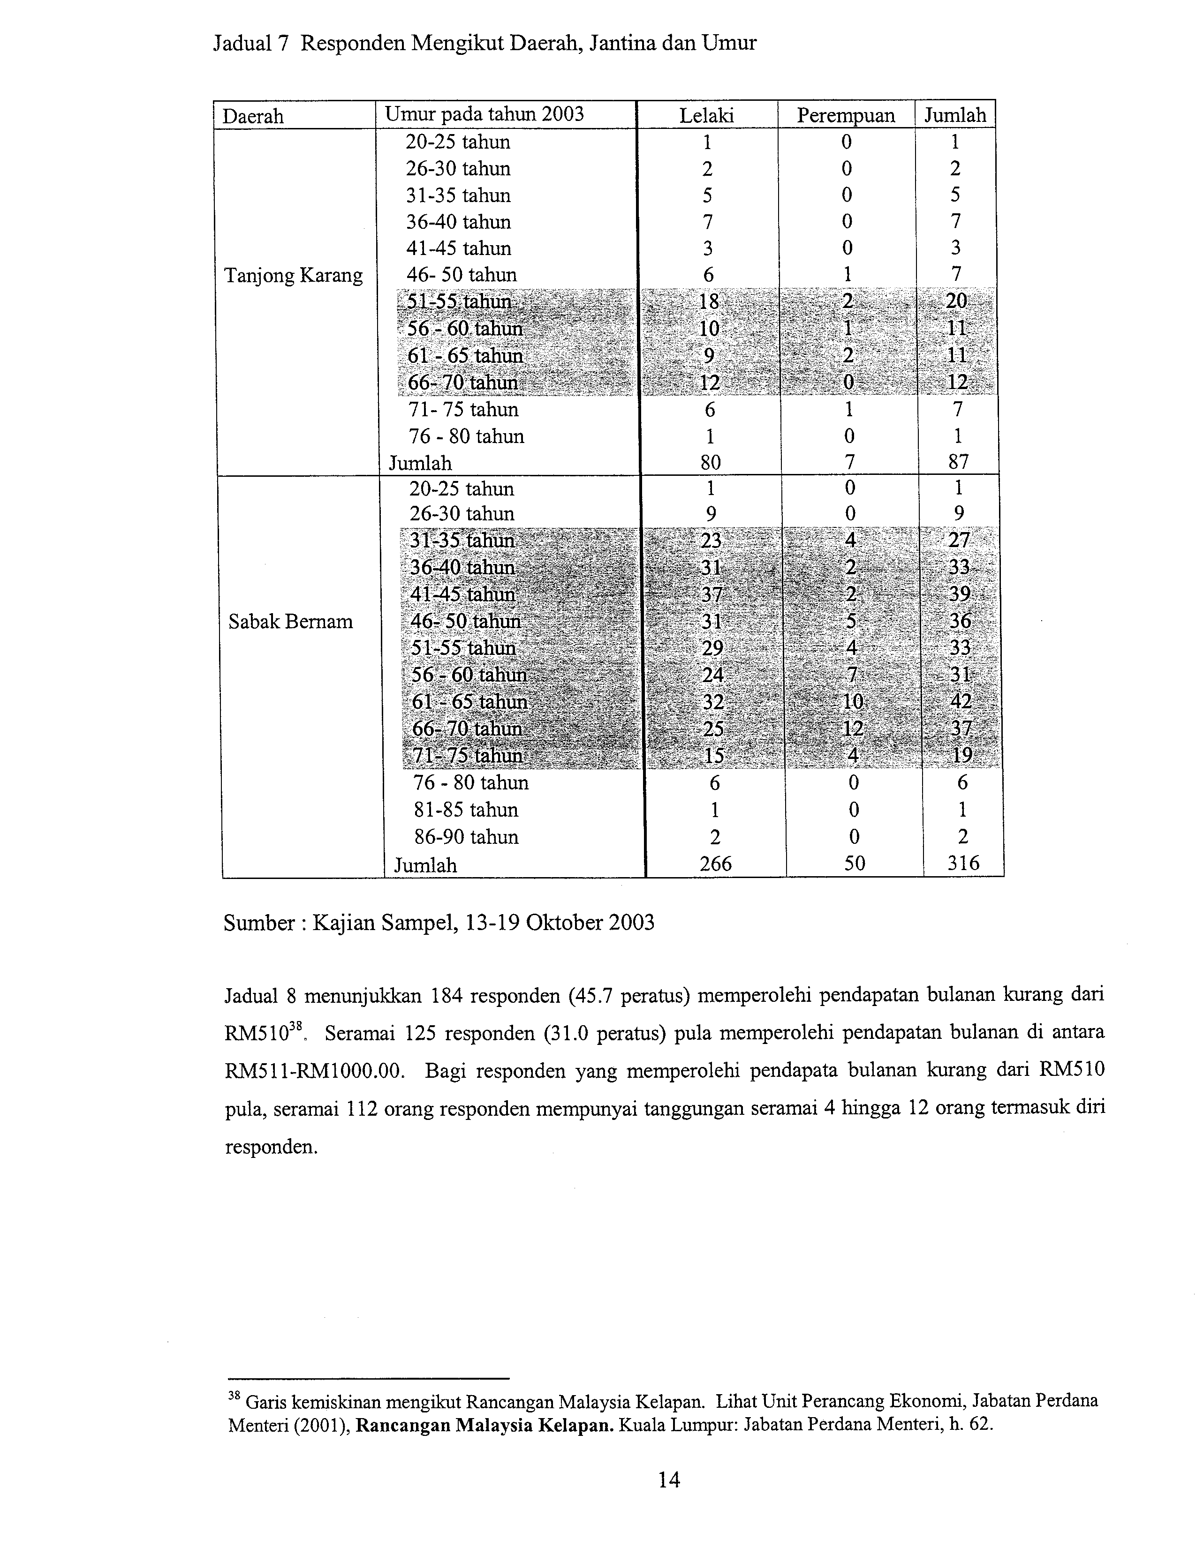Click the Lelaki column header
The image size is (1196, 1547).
point(706,115)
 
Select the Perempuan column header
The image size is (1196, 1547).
point(846,115)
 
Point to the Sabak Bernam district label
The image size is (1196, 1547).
point(290,621)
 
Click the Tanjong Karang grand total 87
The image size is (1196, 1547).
point(958,463)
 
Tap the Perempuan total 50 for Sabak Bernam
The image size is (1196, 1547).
point(855,864)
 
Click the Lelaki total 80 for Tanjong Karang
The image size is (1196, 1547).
point(710,463)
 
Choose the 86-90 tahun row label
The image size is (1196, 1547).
point(466,836)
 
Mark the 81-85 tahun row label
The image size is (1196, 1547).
point(466,810)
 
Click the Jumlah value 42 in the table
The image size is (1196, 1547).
point(961,701)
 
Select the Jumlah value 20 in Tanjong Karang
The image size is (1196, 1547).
point(956,301)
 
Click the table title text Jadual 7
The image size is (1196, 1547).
point(251,44)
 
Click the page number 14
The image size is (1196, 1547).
point(669,1479)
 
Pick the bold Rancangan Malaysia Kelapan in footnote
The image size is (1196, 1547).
point(484,1425)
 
